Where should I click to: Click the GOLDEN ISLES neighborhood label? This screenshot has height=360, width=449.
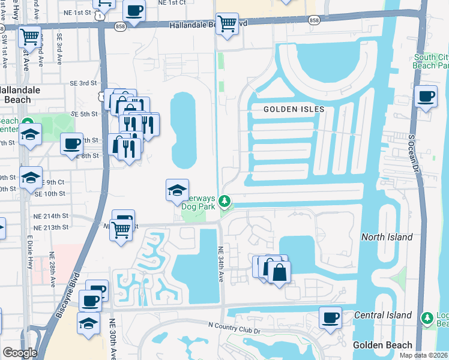(x=294, y=109)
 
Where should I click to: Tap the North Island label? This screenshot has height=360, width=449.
(x=387, y=237)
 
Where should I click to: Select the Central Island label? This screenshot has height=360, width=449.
(x=382, y=315)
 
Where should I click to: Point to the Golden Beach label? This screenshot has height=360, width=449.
(x=382, y=345)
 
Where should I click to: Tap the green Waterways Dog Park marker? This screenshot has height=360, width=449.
(x=225, y=200)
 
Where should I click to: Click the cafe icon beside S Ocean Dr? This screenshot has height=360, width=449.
(x=427, y=97)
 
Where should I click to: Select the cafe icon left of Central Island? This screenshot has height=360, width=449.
(x=330, y=317)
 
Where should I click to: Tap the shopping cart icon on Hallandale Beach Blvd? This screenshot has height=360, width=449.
(x=227, y=24)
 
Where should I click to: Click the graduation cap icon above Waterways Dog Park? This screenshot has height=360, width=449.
(x=177, y=190)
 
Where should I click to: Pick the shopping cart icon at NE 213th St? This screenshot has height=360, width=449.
(x=121, y=228)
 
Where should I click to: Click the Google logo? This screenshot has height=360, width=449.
(x=20, y=353)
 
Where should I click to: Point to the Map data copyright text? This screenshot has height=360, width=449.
(x=424, y=355)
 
